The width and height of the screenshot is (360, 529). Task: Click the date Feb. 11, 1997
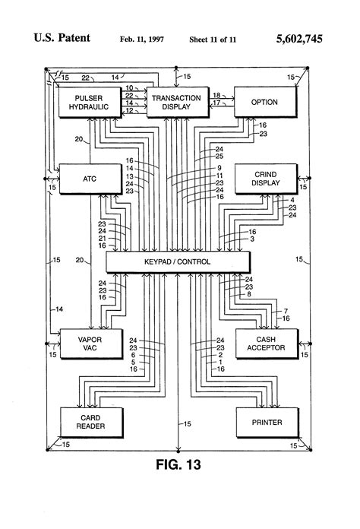[x=141, y=38]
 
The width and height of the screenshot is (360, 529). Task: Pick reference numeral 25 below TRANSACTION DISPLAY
[x=219, y=156]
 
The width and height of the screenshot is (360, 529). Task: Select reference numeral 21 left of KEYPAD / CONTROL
[x=102, y=238]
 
